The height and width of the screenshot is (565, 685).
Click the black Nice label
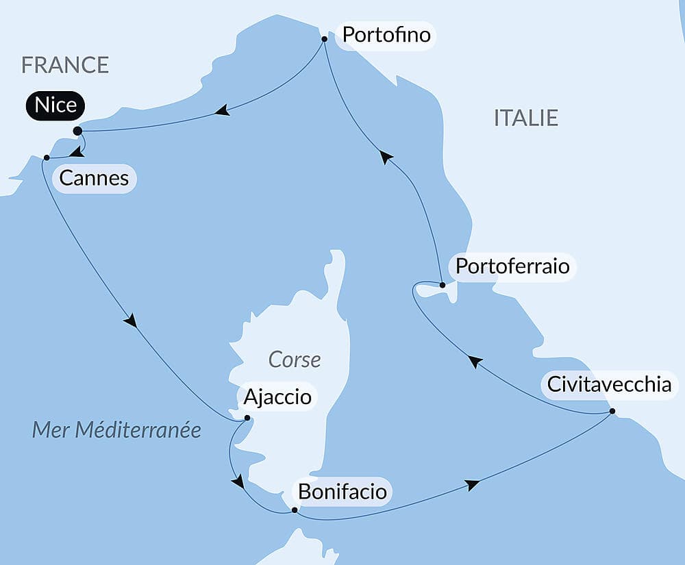(x=56, y=105)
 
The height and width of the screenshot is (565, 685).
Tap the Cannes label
(x=94, y=179)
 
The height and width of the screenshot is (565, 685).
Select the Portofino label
(x=386, y=34)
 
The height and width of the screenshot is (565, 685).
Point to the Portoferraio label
(x=512, y=266)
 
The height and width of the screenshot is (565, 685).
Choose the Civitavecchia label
(x=608, y=384)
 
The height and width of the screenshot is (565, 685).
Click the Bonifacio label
(x=342, y=492)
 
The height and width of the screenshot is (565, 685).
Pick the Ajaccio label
(x=277, y=397)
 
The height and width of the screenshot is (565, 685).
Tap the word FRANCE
(x=65, y=64)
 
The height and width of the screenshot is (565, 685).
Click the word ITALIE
(x=526, y=118)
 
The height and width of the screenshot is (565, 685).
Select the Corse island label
(x=295, y=360)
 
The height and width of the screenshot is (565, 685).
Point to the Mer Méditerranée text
(x=117, y=430)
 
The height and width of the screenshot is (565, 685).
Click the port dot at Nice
(x=77, y=130)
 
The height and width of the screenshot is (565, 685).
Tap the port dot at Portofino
(x=324, y=39)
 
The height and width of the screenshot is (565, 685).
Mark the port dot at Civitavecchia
(x=612, y=412)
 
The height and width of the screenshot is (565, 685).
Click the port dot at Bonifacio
(x=295, y=510)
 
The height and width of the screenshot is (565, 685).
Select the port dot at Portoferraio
(x=443, y=285)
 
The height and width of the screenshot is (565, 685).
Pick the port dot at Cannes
(x=46, y=158)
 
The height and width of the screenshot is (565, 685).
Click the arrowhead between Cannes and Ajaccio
(x=130, y=320)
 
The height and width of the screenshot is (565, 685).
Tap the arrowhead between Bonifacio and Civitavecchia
(x=471, y=485)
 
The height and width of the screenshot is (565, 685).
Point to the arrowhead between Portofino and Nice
(x=221, y=110)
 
